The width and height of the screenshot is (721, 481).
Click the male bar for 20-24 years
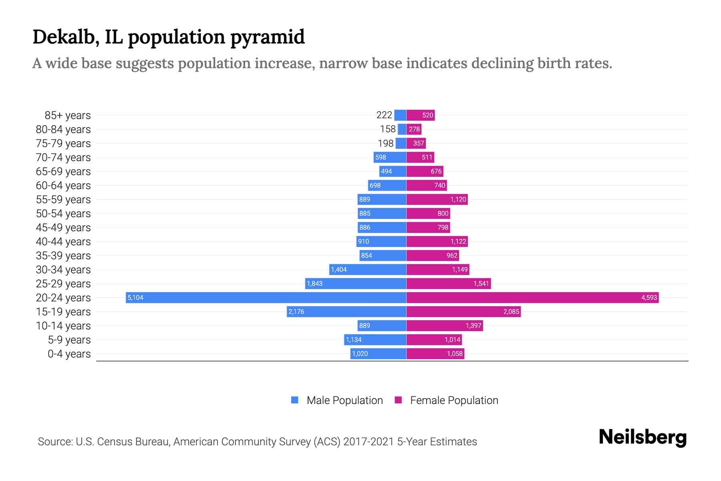pos(266,297)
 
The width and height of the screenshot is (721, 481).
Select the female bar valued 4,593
pos(532,297)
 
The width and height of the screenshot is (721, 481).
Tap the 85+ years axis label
pos(68,115)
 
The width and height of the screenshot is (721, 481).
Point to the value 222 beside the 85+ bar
pos(384,115)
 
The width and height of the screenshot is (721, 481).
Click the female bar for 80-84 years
pos(414,129)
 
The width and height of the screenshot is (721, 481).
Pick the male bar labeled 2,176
pos(346,311)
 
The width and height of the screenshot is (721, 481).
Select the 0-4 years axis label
pos(69,354)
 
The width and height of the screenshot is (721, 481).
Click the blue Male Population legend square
pos(295,400)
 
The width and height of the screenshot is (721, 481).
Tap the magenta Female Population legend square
pos(398,400)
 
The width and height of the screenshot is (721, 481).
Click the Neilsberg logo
pos(642,437)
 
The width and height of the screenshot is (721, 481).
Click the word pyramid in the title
pos(267,38)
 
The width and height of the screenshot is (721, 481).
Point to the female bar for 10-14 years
pos(445,325)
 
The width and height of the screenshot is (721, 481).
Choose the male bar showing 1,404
pos(368,269)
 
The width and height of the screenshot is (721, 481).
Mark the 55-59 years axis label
pos(63,200)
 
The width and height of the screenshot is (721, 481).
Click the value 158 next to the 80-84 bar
pos(388,129)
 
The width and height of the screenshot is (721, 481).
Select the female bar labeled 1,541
pos(449,283)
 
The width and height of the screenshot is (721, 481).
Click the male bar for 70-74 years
pos(390,157)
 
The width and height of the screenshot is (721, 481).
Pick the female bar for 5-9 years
pos(434,340)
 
